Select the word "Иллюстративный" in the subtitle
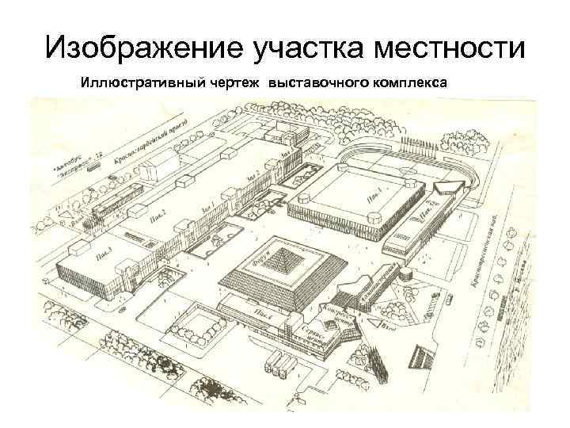coord(131,82)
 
